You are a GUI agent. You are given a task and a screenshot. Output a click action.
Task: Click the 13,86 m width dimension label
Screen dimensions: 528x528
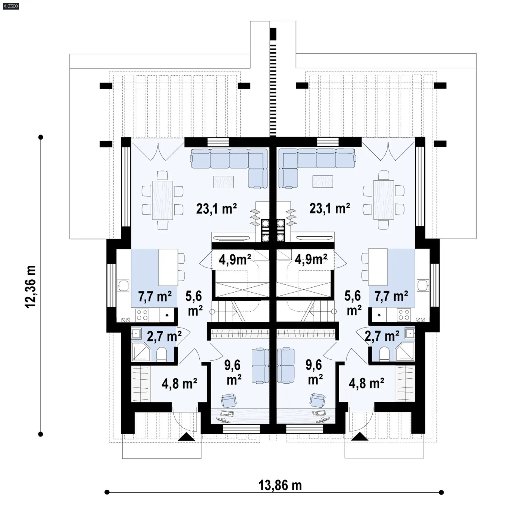pyautogui.click(x=280, y=486)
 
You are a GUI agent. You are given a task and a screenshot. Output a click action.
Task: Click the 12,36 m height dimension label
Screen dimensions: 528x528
pyautogui.click(x=31, y=287)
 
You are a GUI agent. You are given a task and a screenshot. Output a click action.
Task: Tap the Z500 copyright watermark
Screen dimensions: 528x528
pyautogui.click(x=11, y=6)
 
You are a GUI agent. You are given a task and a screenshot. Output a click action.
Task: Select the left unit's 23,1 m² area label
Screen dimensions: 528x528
pyautogui.click(x=216, y=209)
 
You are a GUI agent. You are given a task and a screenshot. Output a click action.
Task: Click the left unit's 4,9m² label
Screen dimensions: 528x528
pyautogui.click(x=235, y=259)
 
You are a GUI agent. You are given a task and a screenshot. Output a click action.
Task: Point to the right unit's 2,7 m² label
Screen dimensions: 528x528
pyautogui.click(x=382, y=336)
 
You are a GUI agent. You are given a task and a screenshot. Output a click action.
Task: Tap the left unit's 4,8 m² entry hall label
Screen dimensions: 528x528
pyautogui.click(x=179, y=384)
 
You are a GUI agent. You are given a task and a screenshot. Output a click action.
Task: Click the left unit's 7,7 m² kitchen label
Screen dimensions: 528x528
pyautogui.click(x=155, y=296)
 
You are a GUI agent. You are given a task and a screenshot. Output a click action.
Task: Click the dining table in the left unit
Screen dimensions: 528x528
pyautogui.click(x=162, y=200)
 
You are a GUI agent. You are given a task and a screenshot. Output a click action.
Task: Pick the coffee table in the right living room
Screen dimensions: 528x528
pyautogui.click(x=323, y=182)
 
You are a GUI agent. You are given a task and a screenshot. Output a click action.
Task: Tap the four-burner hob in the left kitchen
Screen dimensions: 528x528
pyautogui.click(x=142, y=315)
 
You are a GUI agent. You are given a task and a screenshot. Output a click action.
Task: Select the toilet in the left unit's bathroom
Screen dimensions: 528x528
pyautogui.click(x=161, y=354)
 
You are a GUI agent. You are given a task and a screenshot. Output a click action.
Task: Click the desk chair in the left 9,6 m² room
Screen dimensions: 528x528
pyautogui.click(x=229, y=401)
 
